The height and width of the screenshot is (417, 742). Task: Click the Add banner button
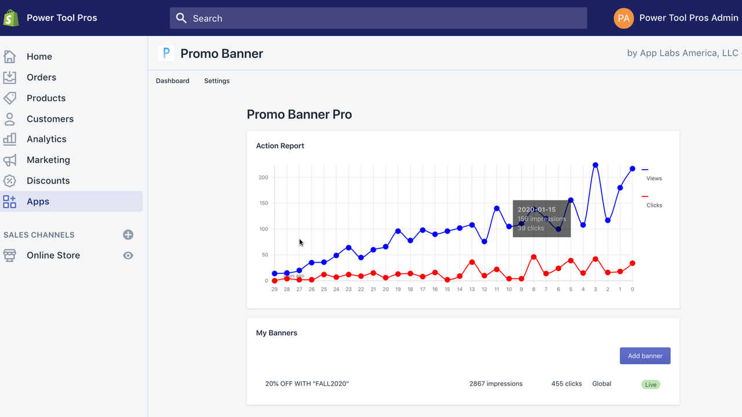coord(645,356)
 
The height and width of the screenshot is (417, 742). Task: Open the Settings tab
coord(217,81)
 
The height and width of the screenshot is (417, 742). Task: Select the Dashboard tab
coord(172,81)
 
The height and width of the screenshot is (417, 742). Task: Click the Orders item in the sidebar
coord(41,77)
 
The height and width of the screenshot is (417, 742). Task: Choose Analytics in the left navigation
coord(46,139)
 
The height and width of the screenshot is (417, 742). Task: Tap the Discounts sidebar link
coord(48,181)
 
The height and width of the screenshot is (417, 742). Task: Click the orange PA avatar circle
coord(624,18)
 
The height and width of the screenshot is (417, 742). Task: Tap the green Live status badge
coord(650,385)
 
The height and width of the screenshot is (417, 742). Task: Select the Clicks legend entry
coord(654,205)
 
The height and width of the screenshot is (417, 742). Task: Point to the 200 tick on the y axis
coord(263,177)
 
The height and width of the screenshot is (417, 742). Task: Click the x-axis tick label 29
coord(274,289)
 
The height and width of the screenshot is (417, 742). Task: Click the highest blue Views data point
coord(595,165)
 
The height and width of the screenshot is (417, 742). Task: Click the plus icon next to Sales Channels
coord(128,235)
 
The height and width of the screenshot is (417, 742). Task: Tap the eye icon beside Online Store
coord(128,255)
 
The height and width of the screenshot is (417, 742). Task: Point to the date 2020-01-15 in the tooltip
coord(536,210)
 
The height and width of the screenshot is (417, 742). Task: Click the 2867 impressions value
coord(496,383)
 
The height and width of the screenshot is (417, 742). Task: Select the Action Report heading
coord(280,146)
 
